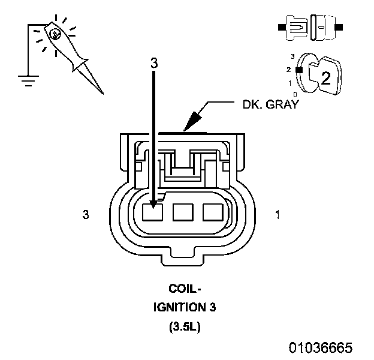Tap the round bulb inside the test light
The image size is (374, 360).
(55, 34)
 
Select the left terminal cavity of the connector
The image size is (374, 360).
(152, 212)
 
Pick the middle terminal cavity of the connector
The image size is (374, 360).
(182, 212)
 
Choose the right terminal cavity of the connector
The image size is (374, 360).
(212, 212)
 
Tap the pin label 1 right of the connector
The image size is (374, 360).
(276, 214)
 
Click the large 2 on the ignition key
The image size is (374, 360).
(325, 77)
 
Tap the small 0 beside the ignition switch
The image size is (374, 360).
(295, 94)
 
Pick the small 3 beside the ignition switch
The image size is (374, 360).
(292, 56)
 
